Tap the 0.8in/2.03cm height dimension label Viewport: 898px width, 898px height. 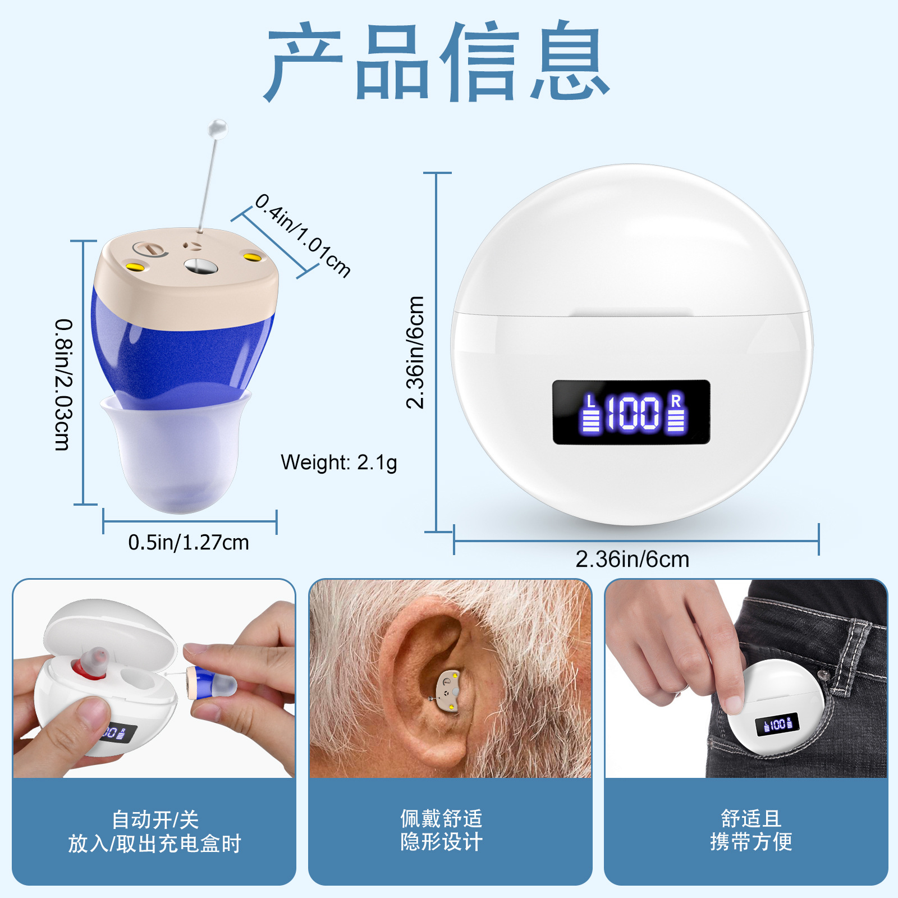tap(63, 385)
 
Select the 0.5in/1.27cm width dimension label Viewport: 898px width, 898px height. tap(189, 542)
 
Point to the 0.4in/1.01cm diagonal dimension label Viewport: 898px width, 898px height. tap(303, 236)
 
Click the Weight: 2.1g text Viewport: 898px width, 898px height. tap(339, 462)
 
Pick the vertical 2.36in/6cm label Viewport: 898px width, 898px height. tap(415, 352)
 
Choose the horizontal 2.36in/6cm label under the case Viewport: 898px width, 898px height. tap(632, 559)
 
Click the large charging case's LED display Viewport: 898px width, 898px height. tap(631, 413)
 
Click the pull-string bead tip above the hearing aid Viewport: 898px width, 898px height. tap(217, 130)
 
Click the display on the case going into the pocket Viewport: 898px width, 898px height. tap(777, 725)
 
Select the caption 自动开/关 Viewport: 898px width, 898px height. tap(155, 819)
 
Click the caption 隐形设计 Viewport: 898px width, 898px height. tap(441, 842)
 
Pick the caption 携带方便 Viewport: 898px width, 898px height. tap(751, 842)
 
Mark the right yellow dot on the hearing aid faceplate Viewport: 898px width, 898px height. tap(253, 258)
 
